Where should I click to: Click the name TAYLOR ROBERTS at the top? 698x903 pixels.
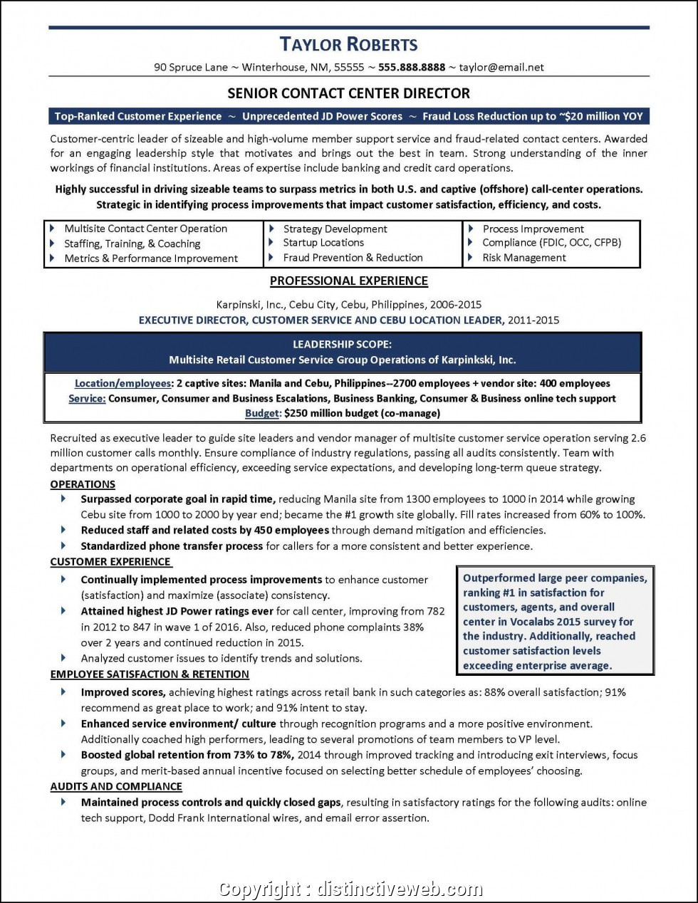pyautogui.click(x=348, y=44)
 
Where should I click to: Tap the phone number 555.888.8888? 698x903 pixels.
pyautogui.click(x=412, y=68)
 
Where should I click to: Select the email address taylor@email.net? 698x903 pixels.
pyautogui.click(x=501, y=68)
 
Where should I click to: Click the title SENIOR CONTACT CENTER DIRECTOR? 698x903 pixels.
pyautogui.click(x=348, y=93)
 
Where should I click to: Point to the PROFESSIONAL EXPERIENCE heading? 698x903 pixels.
pyautogui.click(x=348, y=281)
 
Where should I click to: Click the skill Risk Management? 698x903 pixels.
pyautogui.click(x=524, y=258)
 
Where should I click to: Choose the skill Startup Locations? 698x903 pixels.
pyautogui.click(x=323, y=243)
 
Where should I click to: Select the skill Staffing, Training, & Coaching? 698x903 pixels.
pyautogui.click(x=132, y=244)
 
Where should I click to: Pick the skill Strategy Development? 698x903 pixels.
pyautogui.click(x=335, y=229)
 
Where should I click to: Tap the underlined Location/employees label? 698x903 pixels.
pyautogui.click(x=123, y=384)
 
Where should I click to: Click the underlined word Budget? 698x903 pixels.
pyautogui.click(x=261, y=413)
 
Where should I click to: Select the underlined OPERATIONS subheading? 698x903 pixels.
pyautogui.click(x=83, y=484)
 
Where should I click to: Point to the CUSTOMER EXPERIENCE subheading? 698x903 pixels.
pyautogui.click(x=110, y=562)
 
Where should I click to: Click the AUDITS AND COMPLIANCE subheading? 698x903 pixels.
pyautogui.click(x=116, y=787)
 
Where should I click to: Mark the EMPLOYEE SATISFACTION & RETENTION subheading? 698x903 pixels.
pyautogui.click(x=150, y=674)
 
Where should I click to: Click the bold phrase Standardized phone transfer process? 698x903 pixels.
pyautogui.click(x=172, y=546)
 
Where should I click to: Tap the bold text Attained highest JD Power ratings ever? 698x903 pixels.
pyautogui.click(x=177, y=611)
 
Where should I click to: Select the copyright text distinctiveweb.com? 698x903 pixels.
pyautogui.click(x=399, y=889)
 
